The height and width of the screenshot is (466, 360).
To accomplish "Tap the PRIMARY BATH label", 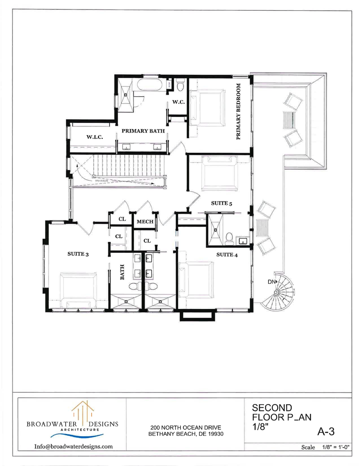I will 143,130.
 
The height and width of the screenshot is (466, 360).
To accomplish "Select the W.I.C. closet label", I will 94,137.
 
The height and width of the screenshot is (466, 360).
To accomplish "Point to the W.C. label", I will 178,102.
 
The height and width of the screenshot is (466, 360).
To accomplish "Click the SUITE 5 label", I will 221,203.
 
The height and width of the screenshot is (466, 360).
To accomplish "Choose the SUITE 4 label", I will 227,255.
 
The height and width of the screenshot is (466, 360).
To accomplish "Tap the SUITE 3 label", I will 78,254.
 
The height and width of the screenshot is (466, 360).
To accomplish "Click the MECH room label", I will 145,222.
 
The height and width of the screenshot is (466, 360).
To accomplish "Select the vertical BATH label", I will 122,273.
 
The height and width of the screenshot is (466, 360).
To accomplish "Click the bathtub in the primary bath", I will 149,85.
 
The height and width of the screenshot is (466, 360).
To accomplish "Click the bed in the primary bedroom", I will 209,106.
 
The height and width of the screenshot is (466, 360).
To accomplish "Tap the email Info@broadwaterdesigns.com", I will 73,446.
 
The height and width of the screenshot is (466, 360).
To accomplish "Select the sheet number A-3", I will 326,431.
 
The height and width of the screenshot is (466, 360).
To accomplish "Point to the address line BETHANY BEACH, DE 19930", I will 186,434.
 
